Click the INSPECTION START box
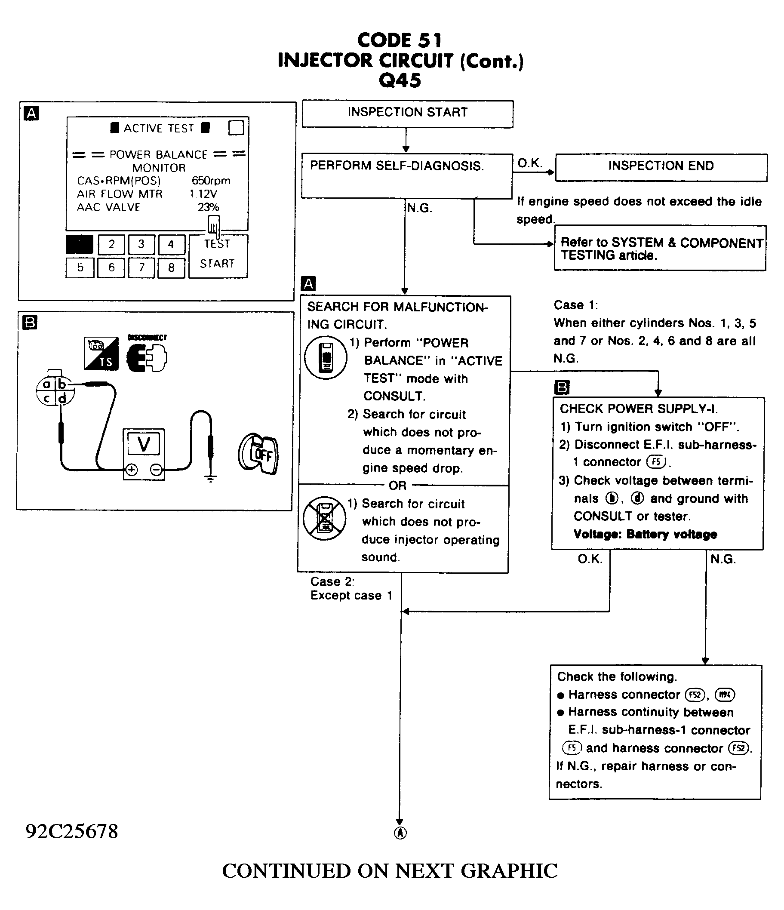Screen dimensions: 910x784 (407, 114)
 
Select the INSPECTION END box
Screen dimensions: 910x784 (661, 167)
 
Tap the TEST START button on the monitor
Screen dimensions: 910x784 (218, 255)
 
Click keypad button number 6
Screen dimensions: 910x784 (111, 267)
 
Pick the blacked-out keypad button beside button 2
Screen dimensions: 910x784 (80, 244)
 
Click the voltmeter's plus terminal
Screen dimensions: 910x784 (131, 470)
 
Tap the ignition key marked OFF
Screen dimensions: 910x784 (259, 455)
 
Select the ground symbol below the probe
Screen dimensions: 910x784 (211, 479)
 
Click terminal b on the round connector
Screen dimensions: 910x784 (62, 384)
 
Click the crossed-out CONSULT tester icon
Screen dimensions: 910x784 (325, 518)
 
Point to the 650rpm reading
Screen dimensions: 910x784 (211, 181)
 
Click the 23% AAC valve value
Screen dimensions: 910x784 (208, 207)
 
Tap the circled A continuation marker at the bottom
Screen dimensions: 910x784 (400, 833)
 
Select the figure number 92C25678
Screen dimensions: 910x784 (71, 831)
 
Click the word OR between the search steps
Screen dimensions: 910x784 (397, 485)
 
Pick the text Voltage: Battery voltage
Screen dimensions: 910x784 (645, 534)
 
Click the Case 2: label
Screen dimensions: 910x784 (332, 581)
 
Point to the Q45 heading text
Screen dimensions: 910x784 (400, 80)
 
